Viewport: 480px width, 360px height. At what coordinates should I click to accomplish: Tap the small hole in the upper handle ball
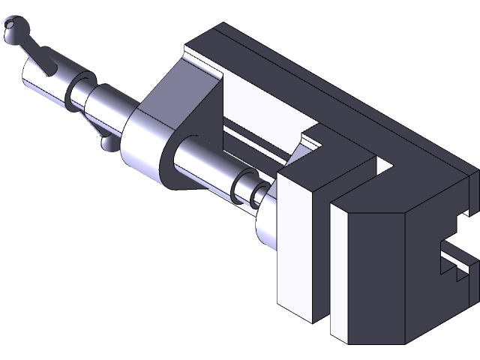(x=10, y=28)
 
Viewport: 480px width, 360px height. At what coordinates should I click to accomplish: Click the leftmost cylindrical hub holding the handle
(x=43, y=82)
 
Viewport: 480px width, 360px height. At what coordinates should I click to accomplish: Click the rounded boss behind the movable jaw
(x=266, y=229)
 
